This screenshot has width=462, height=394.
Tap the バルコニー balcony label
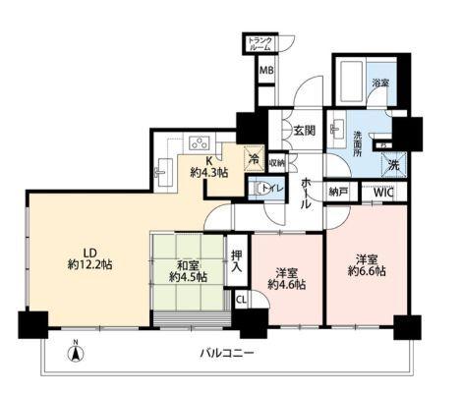coord(228,352)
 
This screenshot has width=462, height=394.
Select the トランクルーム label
coord(260,43)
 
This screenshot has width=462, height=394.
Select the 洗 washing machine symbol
coord(392,165)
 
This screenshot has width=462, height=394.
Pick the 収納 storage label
coord(277,163)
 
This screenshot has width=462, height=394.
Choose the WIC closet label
coord(383,193)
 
